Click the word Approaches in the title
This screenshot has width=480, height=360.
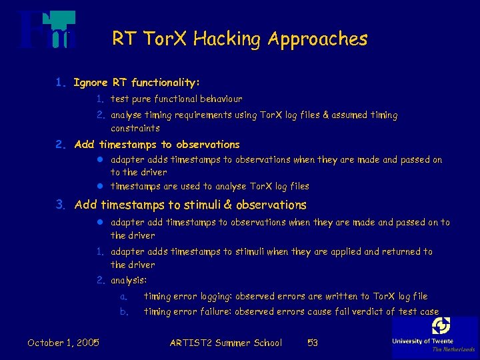pyautogui.click(x=317, y=39)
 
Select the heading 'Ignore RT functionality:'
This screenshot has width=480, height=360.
pyautogui.click(x=136, y=83)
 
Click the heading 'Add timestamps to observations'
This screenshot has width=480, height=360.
pyautogui.click(x=157, y=144)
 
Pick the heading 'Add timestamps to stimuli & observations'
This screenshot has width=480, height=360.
pyautogui.click(x=190, y=205)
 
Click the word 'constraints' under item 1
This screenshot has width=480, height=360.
pyautogui.click(x=135, y=128)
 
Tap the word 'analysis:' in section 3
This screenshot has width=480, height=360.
pyautogui.click(x=129, y=281)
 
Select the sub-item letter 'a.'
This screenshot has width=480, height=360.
pyautogui.click(x=124, y=296)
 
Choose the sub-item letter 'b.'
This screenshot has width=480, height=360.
pyautogui.click(x=124, y=311)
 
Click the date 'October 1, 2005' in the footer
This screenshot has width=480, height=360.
pyautogui.click(x=63, y=343)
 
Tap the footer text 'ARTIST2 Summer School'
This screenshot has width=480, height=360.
pyautogui.click(x=225, y=343)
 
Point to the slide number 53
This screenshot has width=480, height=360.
pyautogui.click(x=312, y=343)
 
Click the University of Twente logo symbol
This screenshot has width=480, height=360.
pyautogui.click(x=441, y=327)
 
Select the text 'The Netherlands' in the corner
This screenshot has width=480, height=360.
pyautogui.click(x=453, y=349)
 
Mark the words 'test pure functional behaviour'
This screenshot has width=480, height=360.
pyautogui.click(x=176, y=99)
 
